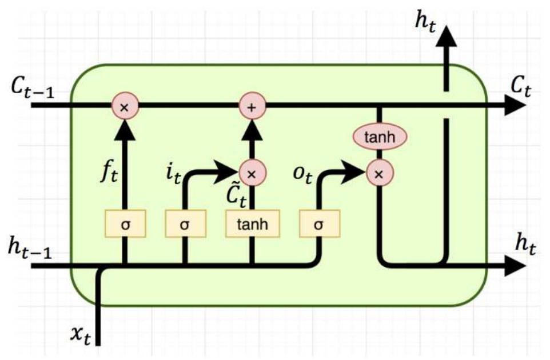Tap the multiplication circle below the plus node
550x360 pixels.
pos(250,171)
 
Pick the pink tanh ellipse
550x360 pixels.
pos(378,137)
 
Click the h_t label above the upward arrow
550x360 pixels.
pos(424,23)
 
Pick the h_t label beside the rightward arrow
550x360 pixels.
pos(526,245)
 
